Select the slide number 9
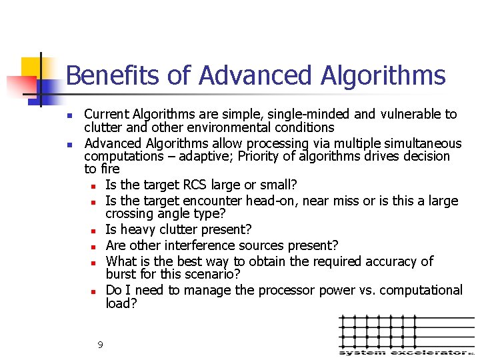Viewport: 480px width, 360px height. coord(100,345)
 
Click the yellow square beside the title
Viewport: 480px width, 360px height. coord(30,67)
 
